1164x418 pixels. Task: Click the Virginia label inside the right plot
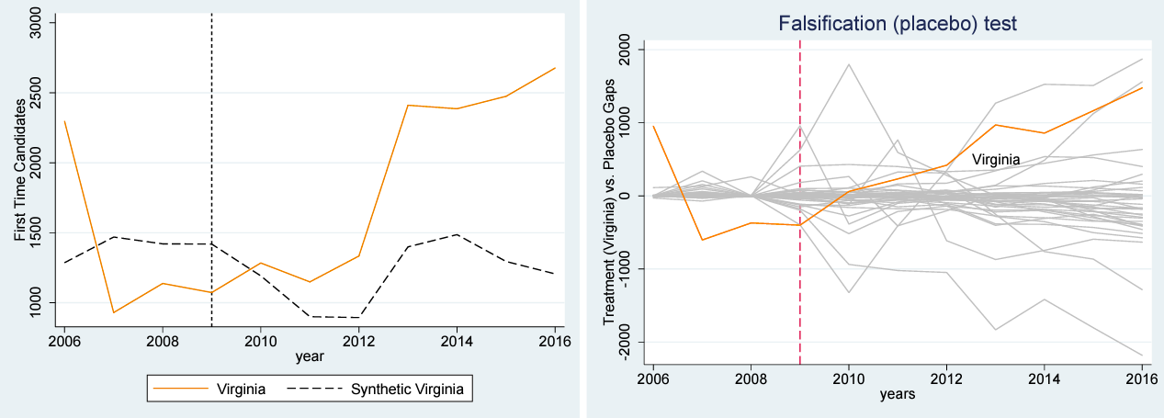point(996,160)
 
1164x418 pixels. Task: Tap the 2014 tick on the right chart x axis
point(1045,378)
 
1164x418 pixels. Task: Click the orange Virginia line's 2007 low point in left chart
point(114,312)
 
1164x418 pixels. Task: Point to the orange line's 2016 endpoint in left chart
point(556,68)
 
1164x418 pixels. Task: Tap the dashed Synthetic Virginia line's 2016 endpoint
point(556,274)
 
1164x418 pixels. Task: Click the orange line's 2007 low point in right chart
point(702,240)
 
